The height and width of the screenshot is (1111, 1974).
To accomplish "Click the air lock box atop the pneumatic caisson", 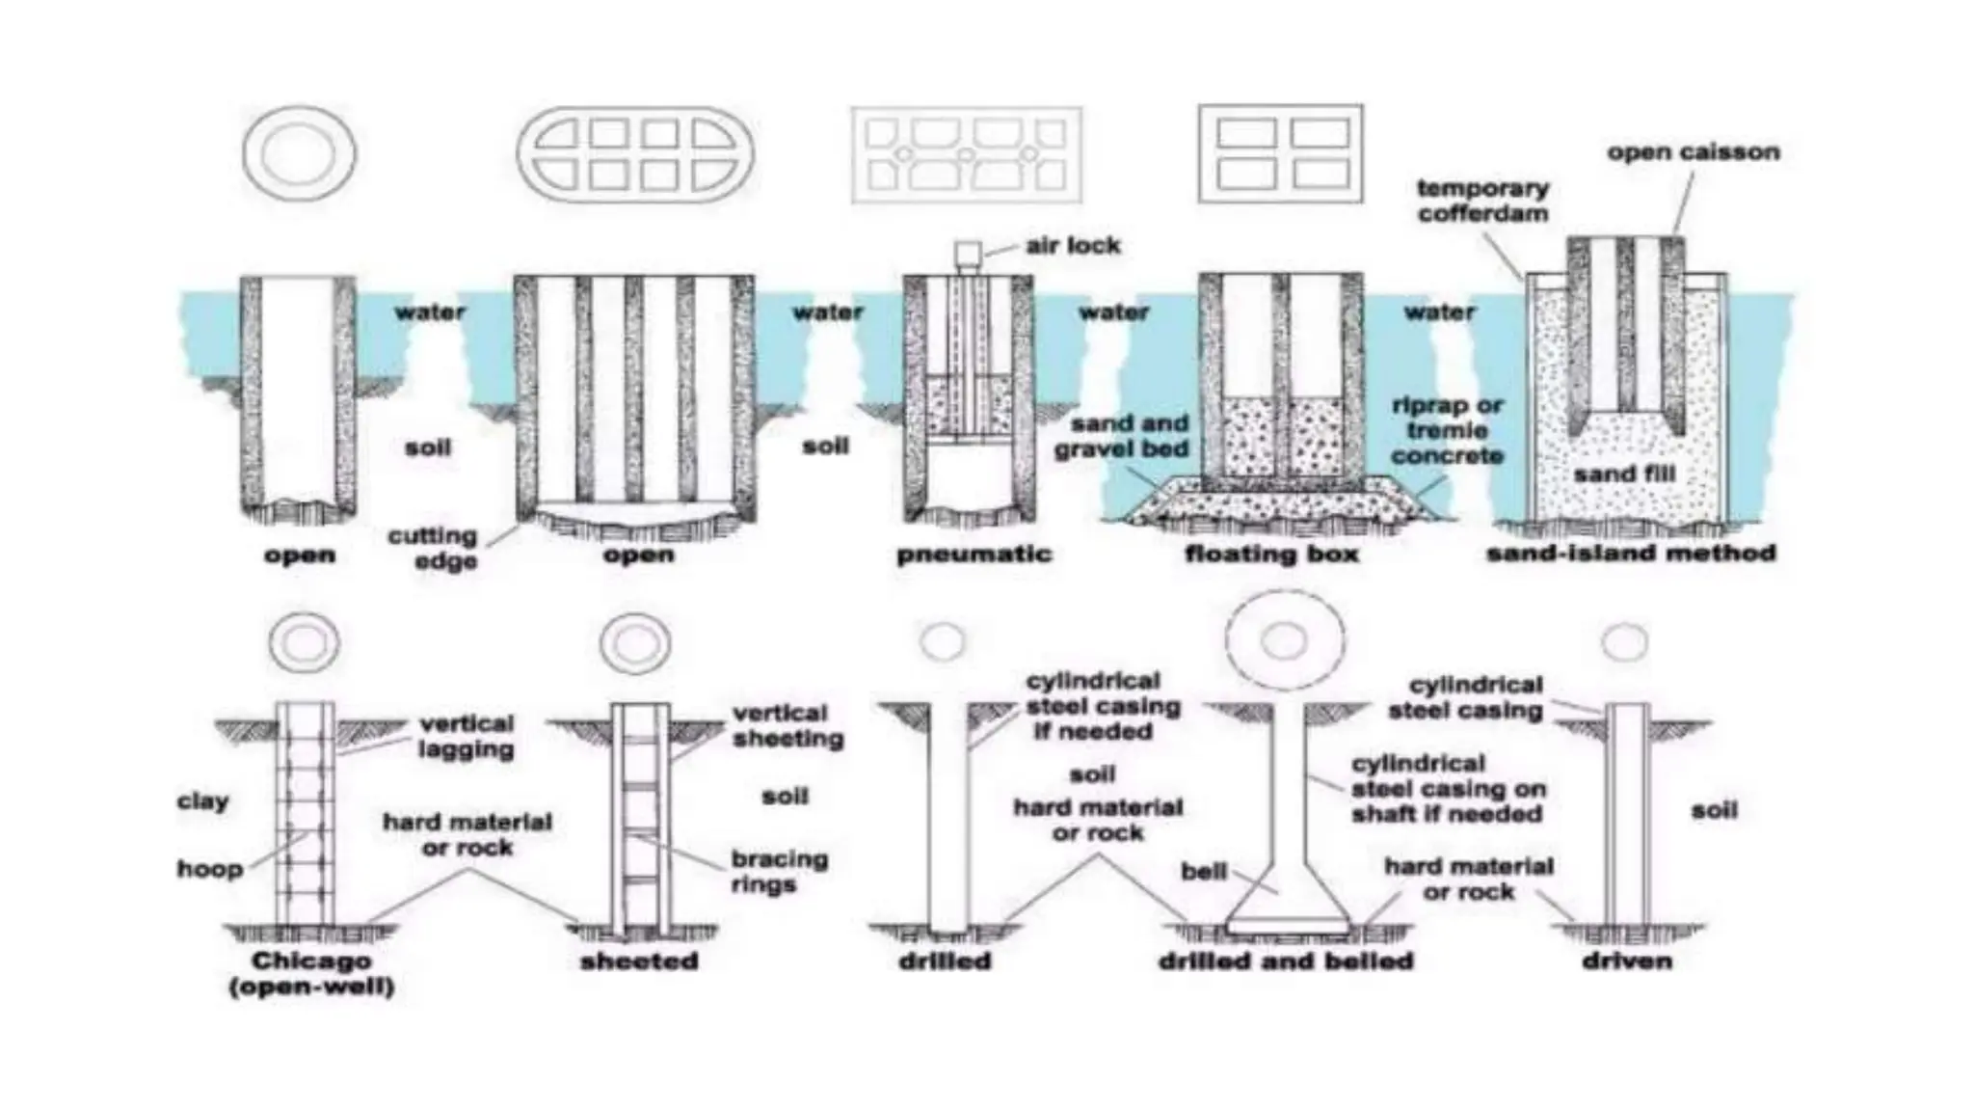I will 968,254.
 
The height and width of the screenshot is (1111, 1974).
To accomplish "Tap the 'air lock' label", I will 1073,246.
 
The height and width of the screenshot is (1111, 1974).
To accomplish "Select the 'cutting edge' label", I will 433,548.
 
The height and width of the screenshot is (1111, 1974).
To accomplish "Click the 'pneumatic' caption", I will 974,555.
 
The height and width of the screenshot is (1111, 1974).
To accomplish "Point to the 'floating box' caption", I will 1271,555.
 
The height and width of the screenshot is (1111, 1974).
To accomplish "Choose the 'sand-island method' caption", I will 1631,554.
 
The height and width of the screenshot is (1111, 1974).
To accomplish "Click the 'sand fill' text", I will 1624,474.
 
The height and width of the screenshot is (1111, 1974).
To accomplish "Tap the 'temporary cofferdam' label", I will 1482,201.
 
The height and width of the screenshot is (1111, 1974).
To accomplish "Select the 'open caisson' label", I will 1693,152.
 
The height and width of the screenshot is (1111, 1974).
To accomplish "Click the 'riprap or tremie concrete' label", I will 1448,430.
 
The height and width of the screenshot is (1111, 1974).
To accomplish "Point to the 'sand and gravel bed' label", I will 1122,436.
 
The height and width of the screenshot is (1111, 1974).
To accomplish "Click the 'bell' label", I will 1204,872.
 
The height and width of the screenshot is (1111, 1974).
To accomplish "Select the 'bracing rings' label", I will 779,872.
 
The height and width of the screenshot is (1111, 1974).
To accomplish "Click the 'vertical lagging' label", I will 467,736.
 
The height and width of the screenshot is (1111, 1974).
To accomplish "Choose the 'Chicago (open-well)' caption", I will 311,973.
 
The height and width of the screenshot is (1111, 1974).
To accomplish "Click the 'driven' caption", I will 1627,961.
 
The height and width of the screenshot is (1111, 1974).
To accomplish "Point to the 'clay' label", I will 203,801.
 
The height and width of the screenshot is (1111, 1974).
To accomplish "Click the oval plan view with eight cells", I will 635,154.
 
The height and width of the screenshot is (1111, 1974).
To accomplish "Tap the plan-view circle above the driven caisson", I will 1625,641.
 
